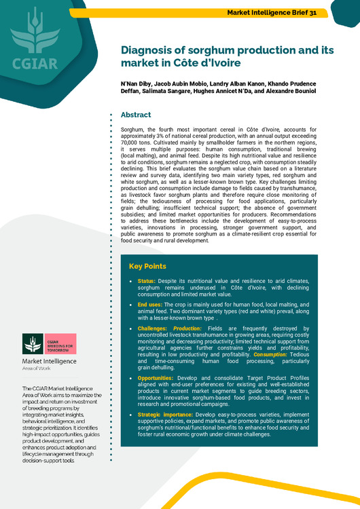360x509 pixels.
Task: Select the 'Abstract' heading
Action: [136, 115]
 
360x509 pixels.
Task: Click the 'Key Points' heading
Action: [148, 266]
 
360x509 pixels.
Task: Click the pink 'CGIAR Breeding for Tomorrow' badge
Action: [59, 343]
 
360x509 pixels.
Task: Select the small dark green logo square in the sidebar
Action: [32, 343]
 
